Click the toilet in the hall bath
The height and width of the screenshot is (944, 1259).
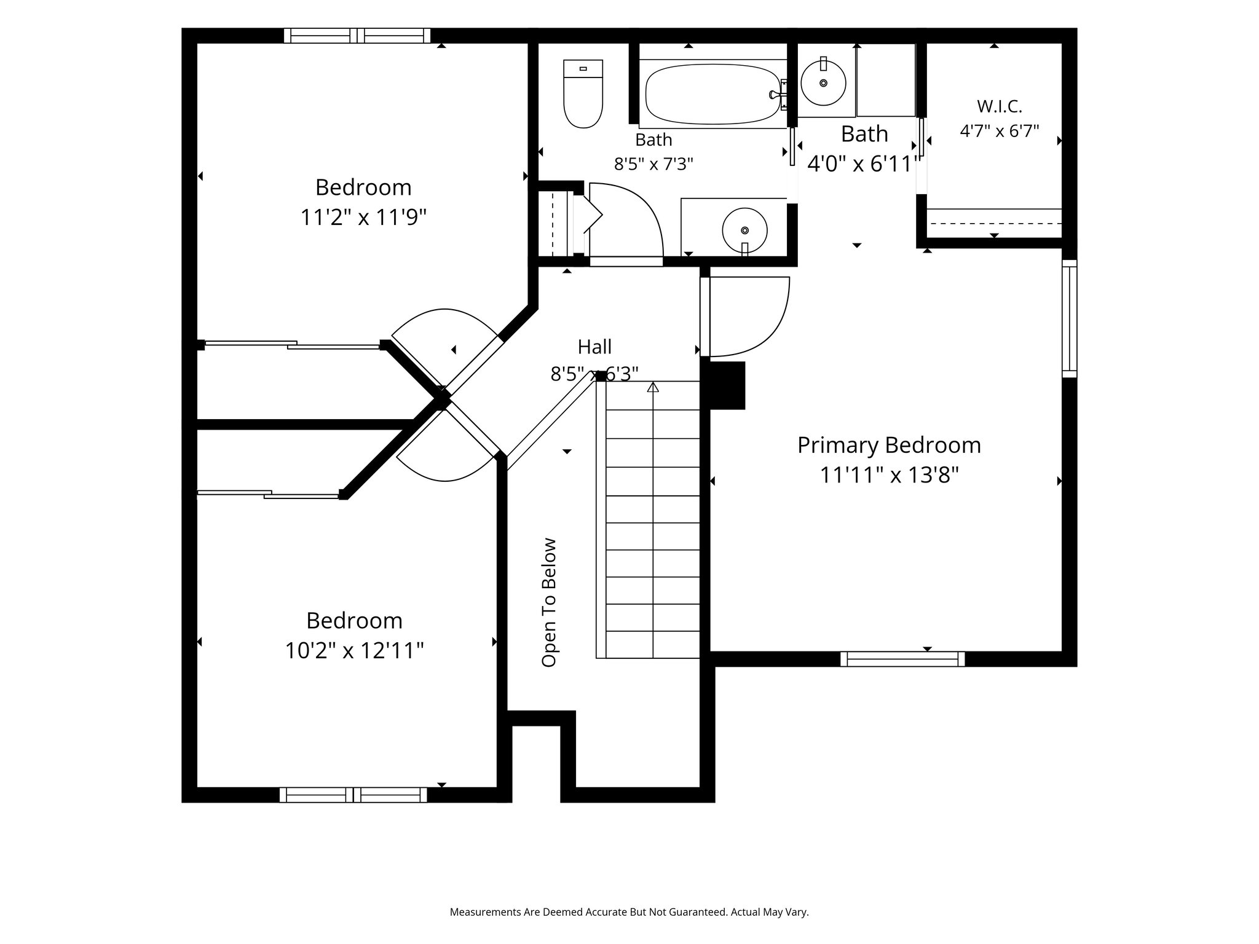pos(583,93)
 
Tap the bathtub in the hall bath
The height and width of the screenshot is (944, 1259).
pos(713,93)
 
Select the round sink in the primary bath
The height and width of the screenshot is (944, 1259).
pos(823,82)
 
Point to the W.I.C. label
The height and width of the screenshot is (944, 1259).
pos(1000,106)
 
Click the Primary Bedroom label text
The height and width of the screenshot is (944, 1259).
pos(889,446)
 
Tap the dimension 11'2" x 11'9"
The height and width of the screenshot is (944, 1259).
pos(363,218)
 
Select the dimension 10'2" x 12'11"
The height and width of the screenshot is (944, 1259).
pos(355,650)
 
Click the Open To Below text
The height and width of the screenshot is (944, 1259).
pos(548,602)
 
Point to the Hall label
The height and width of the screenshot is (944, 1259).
pos(594,347)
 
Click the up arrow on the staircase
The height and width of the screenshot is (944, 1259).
pos(653,387)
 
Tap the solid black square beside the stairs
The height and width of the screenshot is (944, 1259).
pos(727,385)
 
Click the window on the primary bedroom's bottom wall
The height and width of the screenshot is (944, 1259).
pos(902,659)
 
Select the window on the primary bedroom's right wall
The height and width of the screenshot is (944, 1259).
pos(1070,318)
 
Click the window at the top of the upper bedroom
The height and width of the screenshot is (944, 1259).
pos(357,36)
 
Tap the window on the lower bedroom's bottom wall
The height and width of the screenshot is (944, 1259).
pos(353,795)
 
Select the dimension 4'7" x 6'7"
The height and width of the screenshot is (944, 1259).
pos(1000,131)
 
